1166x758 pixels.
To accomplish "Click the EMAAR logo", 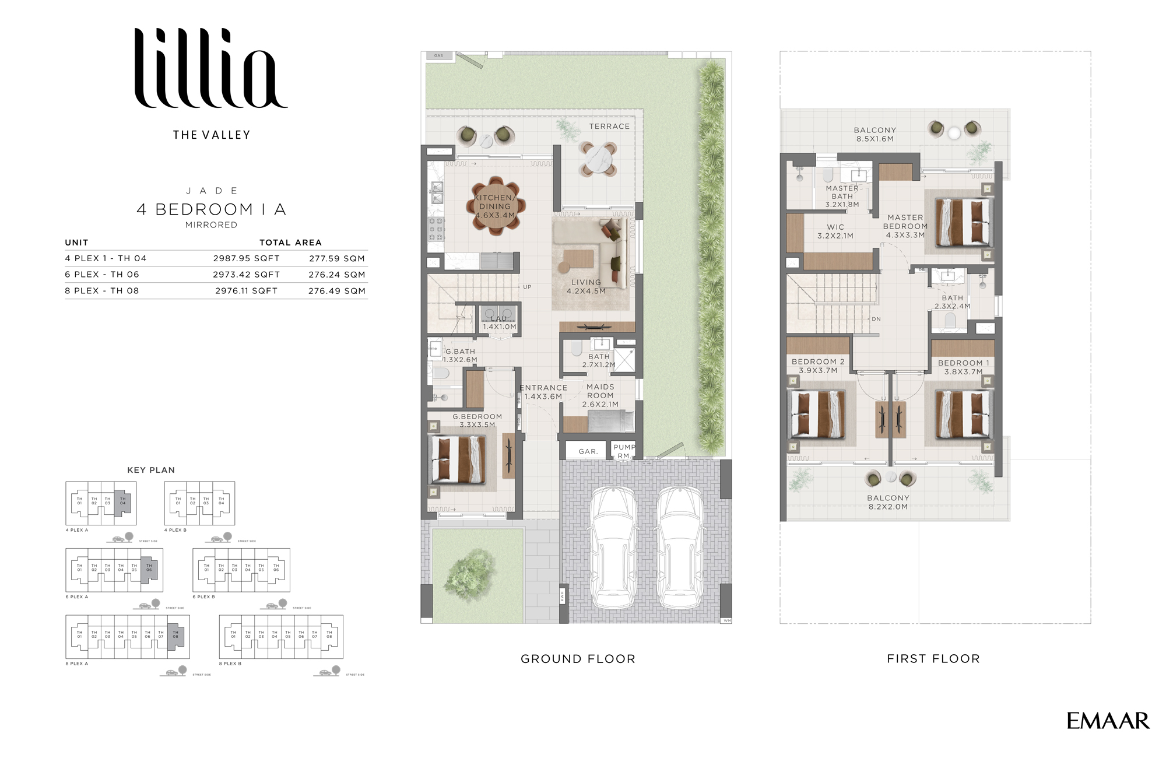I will click(1108, 721).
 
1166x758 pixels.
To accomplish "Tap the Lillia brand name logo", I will click(210, 69).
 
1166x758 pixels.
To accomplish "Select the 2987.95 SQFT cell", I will click(246, 258).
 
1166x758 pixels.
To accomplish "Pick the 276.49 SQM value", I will click(336, 290).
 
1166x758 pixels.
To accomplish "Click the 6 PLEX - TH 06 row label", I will click(102, 274).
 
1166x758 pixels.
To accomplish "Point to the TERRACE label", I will click(609, 126).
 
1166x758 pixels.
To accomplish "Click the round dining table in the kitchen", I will click(496, 205).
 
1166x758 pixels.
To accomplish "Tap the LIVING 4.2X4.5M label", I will click(586, 286).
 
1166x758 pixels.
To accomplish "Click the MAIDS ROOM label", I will click(600, 395).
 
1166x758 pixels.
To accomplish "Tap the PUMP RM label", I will click(624, 451).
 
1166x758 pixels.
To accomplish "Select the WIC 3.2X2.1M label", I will click(835, 231).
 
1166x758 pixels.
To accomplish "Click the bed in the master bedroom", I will click(963, 223).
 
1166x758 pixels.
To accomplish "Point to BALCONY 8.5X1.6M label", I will click(874, 134).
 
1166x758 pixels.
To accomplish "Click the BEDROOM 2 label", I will click(817, 366).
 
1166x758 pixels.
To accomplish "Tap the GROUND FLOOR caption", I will click(578, 659).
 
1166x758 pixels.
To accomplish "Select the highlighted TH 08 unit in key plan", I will click(176, 635).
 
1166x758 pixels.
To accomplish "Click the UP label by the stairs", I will click(527, 287).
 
